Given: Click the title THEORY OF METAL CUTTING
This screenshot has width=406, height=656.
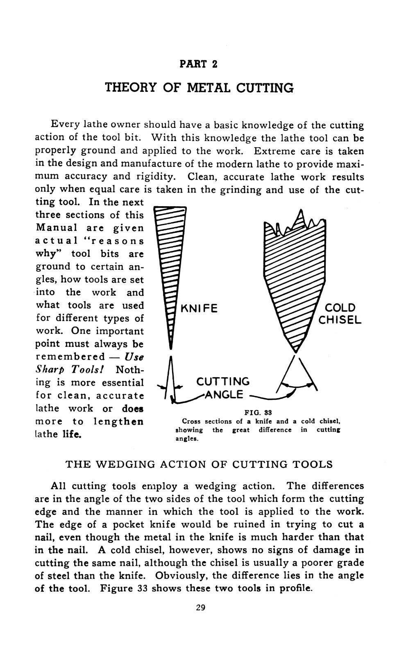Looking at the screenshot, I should (199, 88).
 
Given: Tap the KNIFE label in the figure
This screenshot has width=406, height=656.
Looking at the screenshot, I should (199, 308).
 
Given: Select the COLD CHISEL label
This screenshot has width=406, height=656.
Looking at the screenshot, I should (340, 314).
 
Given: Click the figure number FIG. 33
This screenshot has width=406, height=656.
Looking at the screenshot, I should (258, 412).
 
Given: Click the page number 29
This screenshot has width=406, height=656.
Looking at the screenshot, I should (200, 607).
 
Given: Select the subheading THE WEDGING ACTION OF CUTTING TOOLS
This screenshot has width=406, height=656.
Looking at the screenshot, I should (199, 464).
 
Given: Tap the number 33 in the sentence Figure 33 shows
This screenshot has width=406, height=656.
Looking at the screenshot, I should (141, 588).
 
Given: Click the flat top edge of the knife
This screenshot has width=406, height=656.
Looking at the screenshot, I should (170, 207).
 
